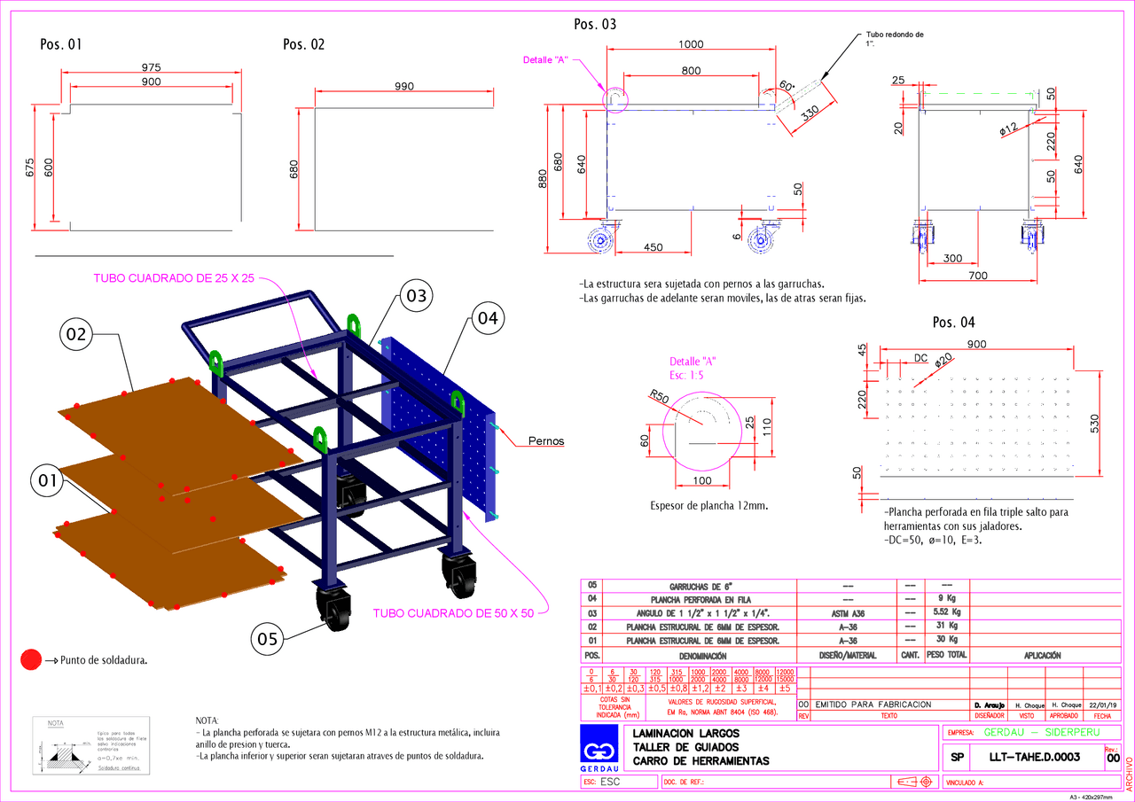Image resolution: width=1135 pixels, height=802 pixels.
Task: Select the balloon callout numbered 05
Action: click(x=270, y=638)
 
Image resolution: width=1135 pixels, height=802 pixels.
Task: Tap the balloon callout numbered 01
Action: click(x=47, y=482)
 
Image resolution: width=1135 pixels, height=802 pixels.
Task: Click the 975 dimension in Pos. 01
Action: click(x=152, y=67)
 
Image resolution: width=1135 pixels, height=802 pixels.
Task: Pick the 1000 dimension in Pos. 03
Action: click(x=691, y=44)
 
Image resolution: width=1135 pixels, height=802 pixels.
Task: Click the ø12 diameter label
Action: click(x=1009, y=129)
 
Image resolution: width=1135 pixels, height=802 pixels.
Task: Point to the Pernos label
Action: click(x=546, y=440)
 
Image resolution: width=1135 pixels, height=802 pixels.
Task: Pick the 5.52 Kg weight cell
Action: click(x=947, y=612)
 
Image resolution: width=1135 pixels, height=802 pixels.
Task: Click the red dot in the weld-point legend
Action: click(x=32, y=659)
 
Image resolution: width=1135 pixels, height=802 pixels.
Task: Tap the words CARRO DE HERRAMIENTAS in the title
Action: click(x=701, y=761)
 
